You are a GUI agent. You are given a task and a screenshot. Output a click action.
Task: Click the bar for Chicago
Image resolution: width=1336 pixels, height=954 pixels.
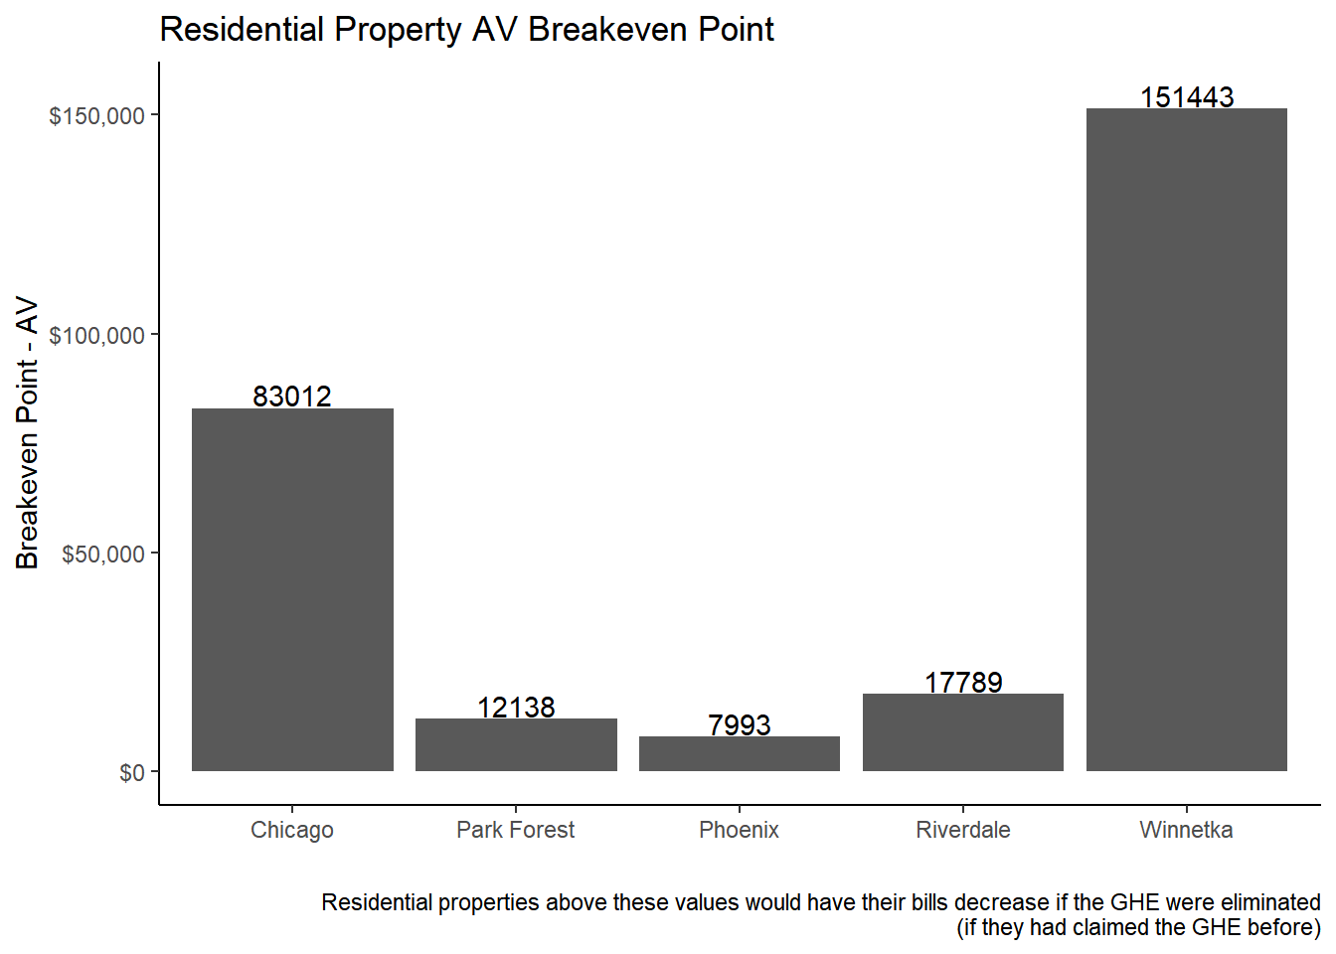click(x=292, y=589)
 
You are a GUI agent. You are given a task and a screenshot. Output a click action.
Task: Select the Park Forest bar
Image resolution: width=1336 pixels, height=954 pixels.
click(x=516, y=744)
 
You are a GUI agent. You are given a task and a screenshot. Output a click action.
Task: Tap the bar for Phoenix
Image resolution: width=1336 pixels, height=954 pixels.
click(x=740, y=753)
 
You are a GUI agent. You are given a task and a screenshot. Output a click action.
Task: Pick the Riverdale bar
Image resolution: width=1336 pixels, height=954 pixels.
click(x=963, y=732)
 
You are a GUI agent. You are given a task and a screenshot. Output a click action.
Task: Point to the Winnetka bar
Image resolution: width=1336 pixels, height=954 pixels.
click(x=1186, y=439)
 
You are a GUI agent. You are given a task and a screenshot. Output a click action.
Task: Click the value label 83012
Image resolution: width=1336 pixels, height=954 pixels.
click(x=292, y=397)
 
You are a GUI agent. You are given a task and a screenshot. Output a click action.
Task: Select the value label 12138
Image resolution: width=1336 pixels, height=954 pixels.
click(x=516, y=708)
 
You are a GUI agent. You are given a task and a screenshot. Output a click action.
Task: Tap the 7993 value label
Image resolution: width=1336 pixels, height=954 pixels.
click(x=740, y=725)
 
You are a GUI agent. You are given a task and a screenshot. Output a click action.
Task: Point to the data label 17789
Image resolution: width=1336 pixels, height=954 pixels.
click(x=963, y=683)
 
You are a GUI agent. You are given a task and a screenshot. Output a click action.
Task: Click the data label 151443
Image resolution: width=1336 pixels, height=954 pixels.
click(x=1187, y=97)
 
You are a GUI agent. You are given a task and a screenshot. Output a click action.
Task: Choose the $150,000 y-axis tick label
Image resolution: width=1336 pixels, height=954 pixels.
click(x=97, y=116)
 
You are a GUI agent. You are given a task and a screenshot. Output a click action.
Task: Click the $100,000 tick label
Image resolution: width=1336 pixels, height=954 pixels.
click(x=97, y=336)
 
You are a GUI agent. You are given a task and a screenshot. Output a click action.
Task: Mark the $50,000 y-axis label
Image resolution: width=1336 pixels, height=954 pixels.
click(x=103, y=555)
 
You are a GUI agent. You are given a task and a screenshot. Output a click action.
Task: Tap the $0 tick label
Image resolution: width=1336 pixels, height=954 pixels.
click(x=132, y=773)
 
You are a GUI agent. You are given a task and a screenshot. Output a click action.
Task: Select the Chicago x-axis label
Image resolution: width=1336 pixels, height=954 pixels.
click(x=292, y=830)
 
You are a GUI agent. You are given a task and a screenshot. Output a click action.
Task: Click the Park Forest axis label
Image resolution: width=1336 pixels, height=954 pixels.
click(x=516, y=830)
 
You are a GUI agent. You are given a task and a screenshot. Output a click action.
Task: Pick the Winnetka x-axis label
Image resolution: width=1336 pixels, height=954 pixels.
click(x=1186, y=830)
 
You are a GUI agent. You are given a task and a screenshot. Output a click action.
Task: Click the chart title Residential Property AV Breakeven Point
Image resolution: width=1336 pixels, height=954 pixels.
click(x=466, y=30)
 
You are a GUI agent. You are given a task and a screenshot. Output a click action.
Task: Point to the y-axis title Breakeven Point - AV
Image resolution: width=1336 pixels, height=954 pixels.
click(x=27, y=433)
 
